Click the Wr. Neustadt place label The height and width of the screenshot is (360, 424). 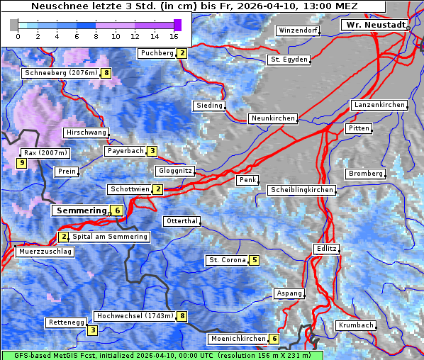(375, 25)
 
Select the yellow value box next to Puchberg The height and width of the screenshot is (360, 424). (182, 53)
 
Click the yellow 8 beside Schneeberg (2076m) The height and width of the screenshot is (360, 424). (106, 72)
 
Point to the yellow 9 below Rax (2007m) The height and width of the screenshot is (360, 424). (22, 164)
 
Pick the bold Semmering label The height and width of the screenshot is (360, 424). (80, 210)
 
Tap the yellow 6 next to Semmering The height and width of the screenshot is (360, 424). (117, 210)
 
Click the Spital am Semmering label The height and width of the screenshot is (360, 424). (110, 237)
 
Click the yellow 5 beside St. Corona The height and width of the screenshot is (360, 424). (254, 260)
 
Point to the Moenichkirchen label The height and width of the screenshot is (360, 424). (233, 339)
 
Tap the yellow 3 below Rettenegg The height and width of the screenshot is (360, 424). (92, 330)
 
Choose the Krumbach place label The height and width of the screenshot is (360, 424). (355, 325)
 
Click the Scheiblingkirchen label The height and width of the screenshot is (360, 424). (301, 190)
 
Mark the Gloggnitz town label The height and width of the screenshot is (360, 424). (174, 171)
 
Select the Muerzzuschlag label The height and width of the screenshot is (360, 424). (44, 252)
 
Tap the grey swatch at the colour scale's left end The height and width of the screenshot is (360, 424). (14, 25)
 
